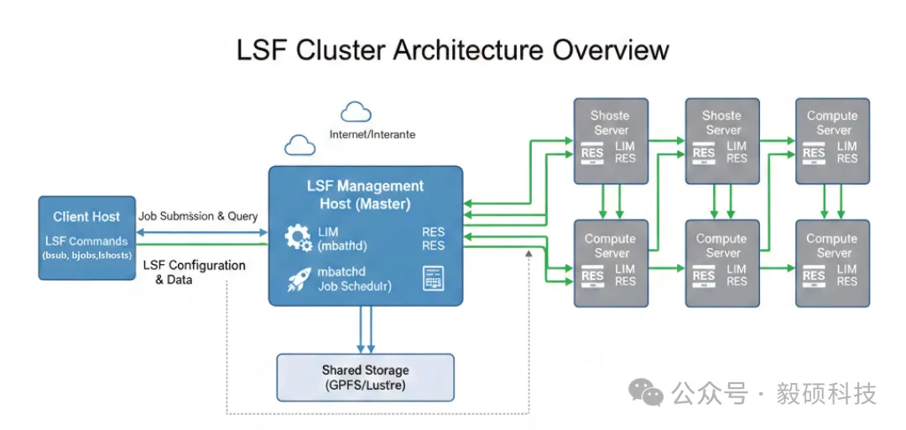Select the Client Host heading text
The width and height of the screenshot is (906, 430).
click(86, 216)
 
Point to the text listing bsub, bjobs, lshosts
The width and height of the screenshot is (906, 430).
click(86, 254)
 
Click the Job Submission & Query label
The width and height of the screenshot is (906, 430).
click(198, 215)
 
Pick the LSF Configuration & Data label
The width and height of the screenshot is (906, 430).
click(193, 272)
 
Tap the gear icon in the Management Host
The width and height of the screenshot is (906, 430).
click(299, 238)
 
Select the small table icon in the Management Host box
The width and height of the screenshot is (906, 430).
click(433, 278)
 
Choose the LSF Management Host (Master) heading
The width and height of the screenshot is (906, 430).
click(365, 194)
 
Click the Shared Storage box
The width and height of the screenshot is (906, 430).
click(365, 377)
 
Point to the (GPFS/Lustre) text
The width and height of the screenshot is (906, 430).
click(365, 386)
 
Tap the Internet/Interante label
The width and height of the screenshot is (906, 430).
click(372, 134)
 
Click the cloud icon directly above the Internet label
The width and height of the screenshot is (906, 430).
click(356, 111)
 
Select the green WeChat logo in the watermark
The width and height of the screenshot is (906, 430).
click(647, 391)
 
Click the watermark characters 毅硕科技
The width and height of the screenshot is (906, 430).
click(826, 392)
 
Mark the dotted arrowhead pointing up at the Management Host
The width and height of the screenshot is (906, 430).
click(529, 254)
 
